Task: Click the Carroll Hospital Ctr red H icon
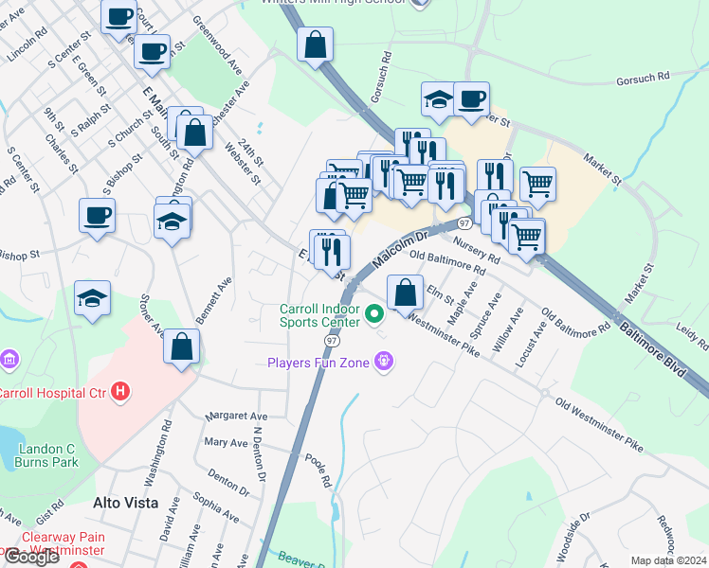click(x=120, y=391)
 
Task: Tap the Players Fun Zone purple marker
click(x=384, y=361)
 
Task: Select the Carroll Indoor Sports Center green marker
click(x=374, y=312)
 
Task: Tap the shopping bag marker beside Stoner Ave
click(x=182, y=346)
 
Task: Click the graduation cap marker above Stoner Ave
click(x=93, y=298)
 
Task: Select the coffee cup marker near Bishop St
click(x=97, y=216)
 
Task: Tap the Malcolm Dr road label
click(x=402, y=249)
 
